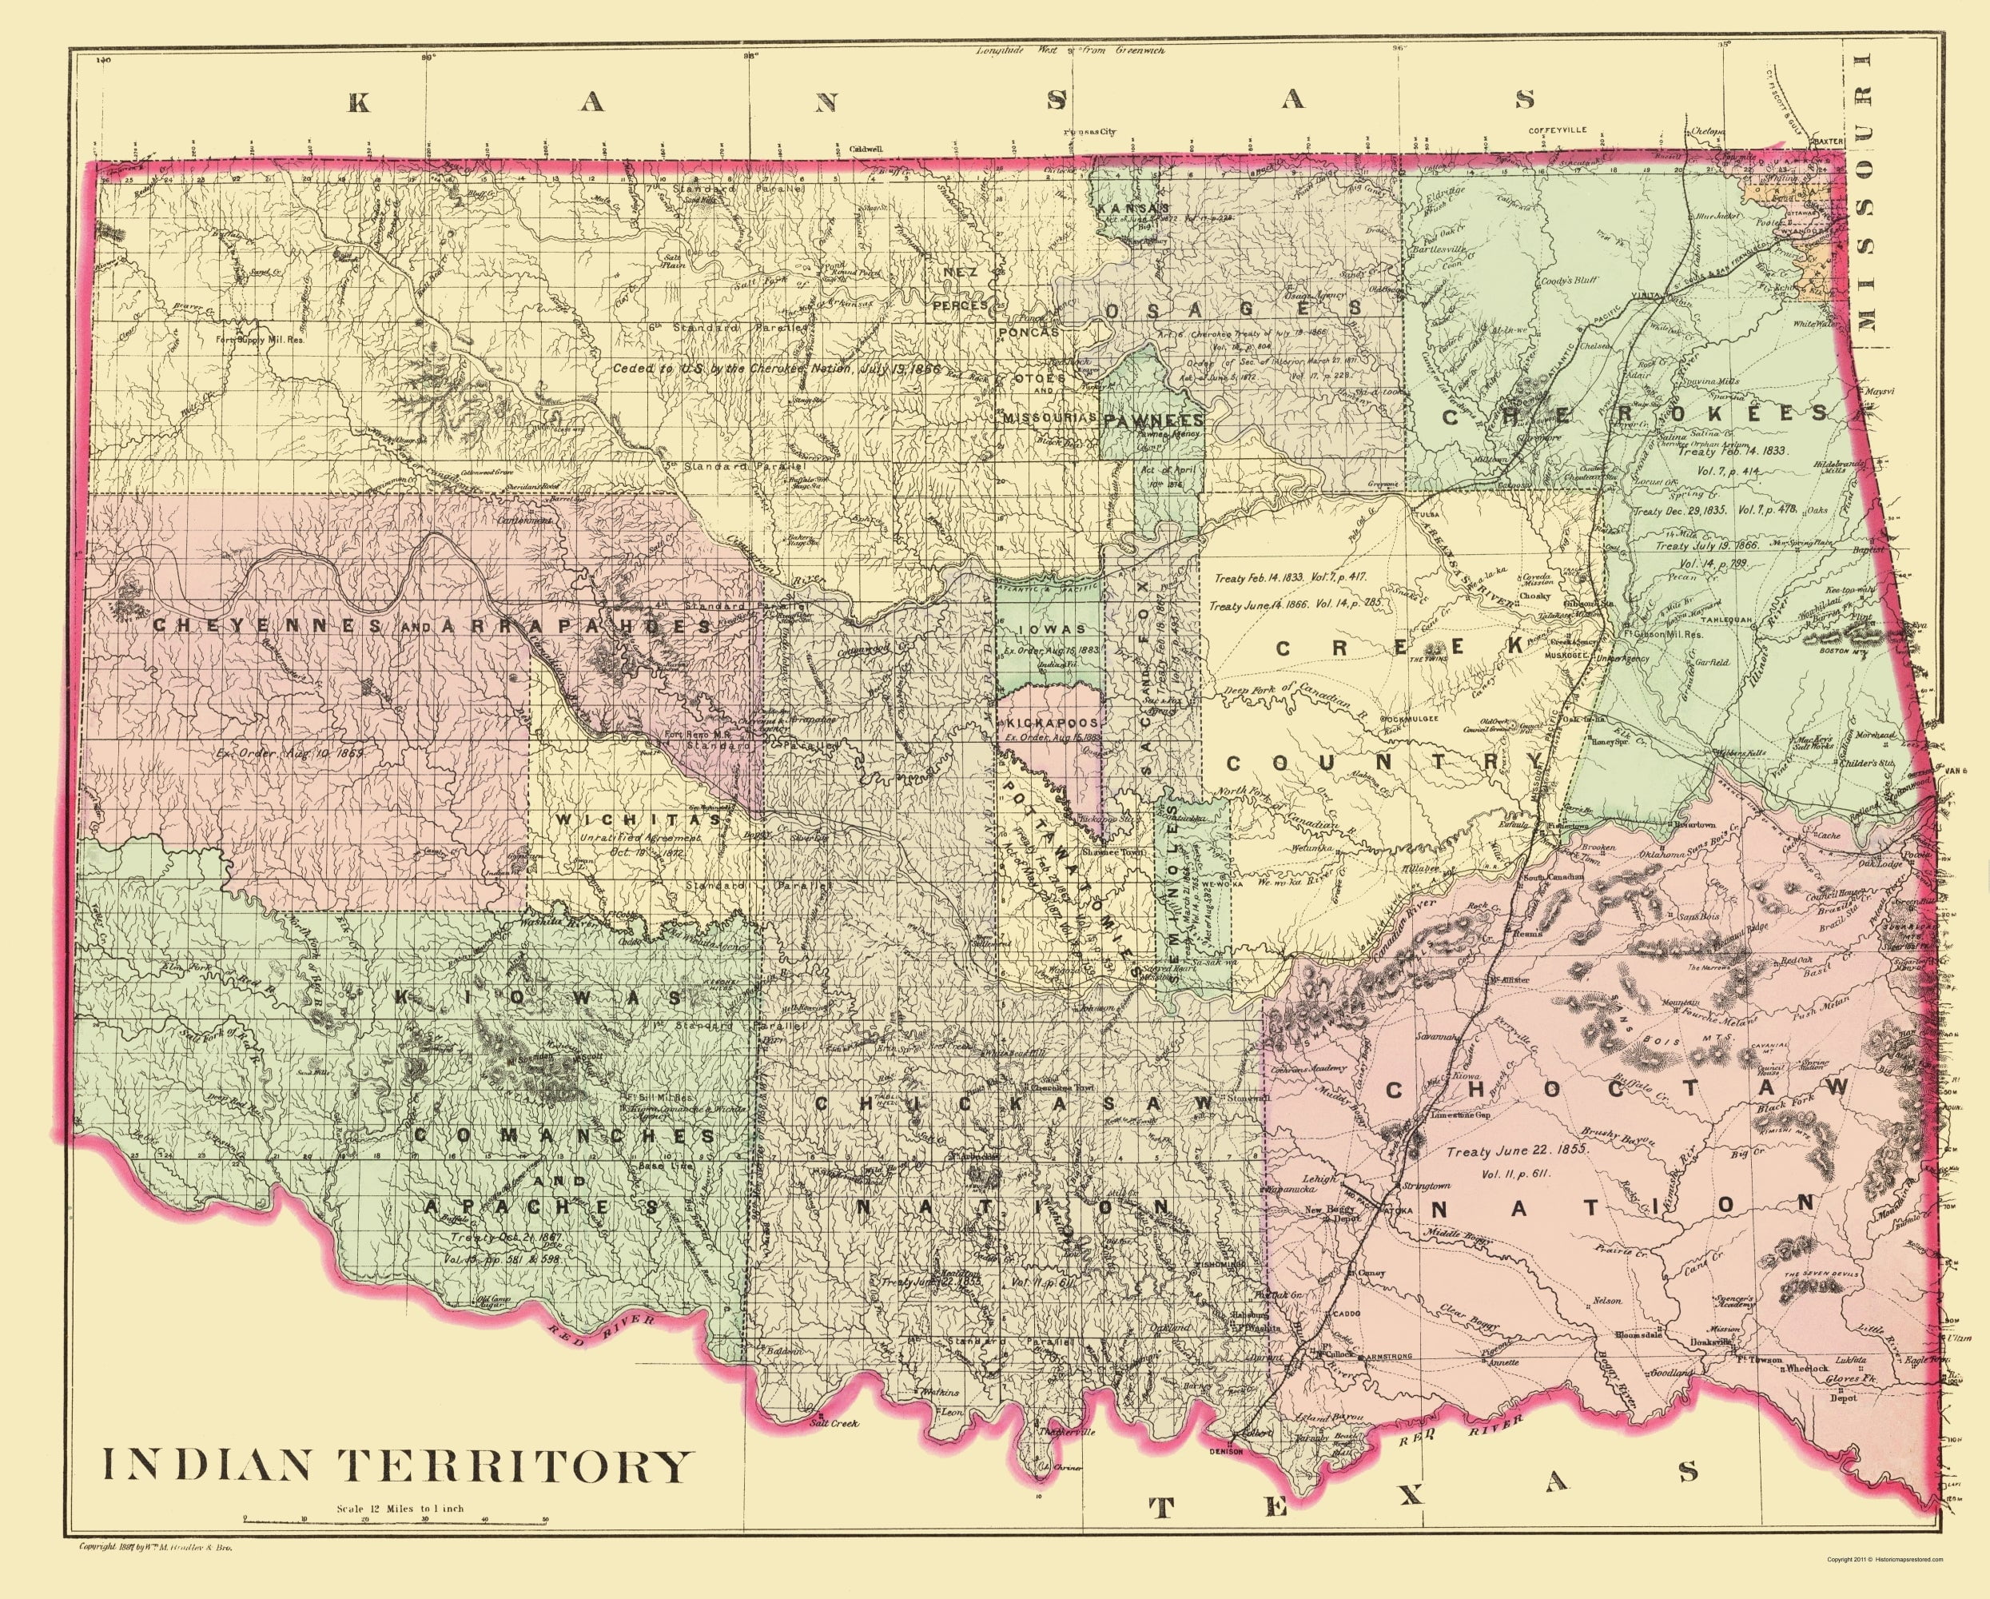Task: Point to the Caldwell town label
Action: (866, 148)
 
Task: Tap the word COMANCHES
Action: (564, 1135)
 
